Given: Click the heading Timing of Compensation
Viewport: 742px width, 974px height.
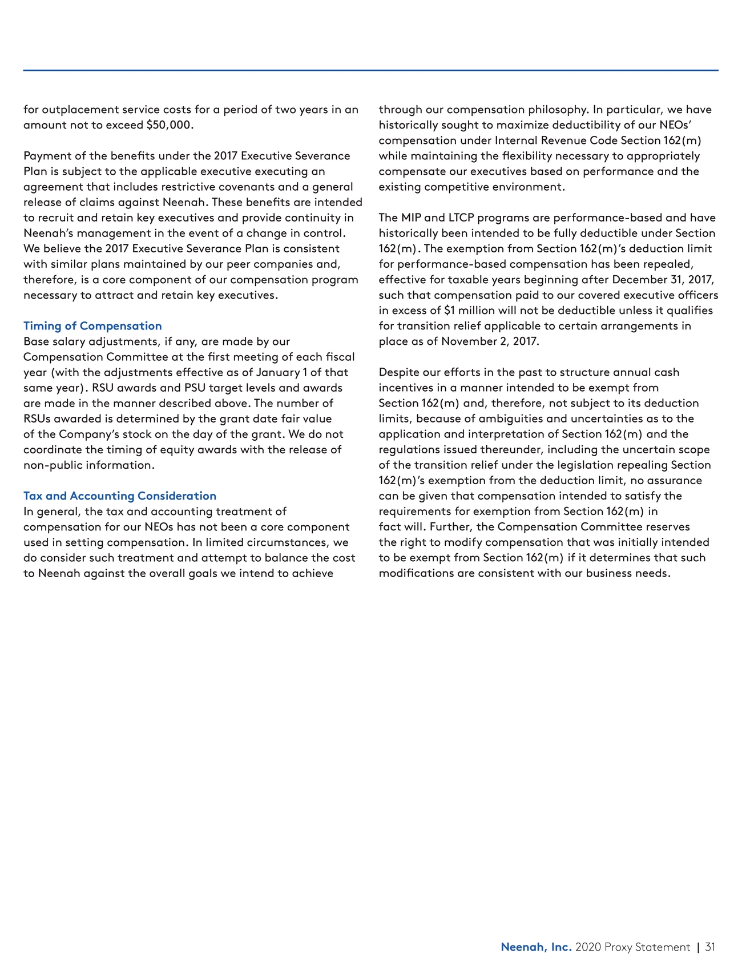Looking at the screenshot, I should click(x=92, y=326).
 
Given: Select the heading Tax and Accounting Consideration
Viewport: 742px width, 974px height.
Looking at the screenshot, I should click(x=120, y=496).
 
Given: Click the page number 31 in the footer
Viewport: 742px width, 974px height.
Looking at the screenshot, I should click(x=710, y=947).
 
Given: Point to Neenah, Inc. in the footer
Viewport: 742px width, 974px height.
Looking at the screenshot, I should click(x=536, y=947).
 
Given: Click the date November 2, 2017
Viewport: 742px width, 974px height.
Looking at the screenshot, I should click(x=490, y=341).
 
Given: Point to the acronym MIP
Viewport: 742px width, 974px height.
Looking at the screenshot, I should click(x=411, y=218).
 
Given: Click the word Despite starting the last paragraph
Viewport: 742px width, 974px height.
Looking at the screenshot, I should click(x=399, y=372).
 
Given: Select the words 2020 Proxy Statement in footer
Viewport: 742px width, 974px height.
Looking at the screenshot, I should click(x=632, y=947).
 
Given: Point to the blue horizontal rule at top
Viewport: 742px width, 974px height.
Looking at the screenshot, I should click(x=371, y=71).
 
